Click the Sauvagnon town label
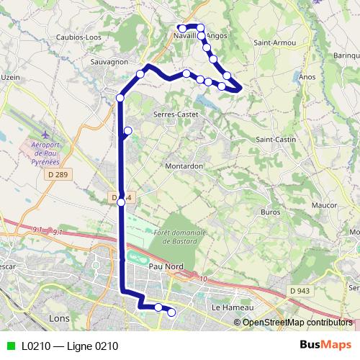(x=110, y=63)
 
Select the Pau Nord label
(x=166, y=266)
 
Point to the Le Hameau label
(x=230, y=307)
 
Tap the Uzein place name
(x=9, y=77)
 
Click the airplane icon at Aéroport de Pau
(x=47, y=135)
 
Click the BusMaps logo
(x=325, y=346)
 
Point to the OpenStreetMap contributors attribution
(x=297, y=323)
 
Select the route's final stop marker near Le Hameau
(x=171, y=312)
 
